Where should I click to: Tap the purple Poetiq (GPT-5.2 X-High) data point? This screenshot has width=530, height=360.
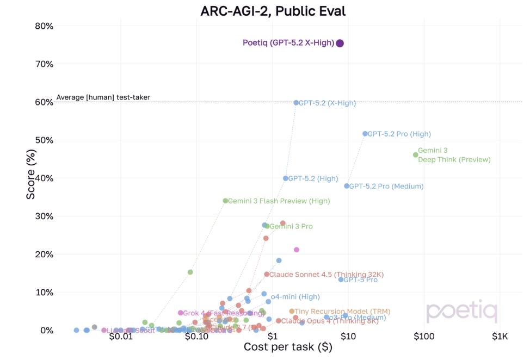coord(340,44)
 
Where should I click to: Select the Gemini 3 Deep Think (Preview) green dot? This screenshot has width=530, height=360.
coord(416,155)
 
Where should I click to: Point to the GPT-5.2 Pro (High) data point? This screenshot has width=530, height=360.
coord(365,134)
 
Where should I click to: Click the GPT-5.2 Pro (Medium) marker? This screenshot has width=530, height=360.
coord(347,186)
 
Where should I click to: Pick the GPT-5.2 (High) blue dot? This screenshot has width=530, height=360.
coord(286,178)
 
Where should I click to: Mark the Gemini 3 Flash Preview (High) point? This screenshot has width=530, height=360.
coord(225,201)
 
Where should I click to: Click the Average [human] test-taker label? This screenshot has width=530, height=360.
coord(103,98)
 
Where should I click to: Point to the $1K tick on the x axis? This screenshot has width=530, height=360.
coord(500,337)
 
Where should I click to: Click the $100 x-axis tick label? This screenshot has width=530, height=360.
coord(424,337)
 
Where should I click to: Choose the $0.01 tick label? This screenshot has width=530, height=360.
coord(121,337)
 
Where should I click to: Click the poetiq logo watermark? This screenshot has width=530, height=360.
coord(461,312)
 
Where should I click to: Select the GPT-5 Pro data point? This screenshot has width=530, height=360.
coord(341,280)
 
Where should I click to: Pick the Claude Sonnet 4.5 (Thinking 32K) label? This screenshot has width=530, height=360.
coord(326,275)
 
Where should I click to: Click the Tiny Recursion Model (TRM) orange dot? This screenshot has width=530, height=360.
coord(292,312)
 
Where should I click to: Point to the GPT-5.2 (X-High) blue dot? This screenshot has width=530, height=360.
coord(297,103)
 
